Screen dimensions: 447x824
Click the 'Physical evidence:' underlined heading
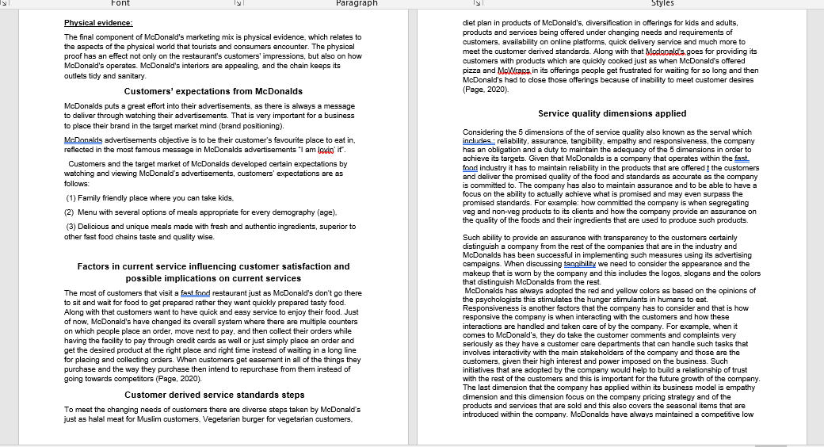98,23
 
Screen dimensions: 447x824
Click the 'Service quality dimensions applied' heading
612,113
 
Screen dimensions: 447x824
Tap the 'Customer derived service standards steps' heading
214,395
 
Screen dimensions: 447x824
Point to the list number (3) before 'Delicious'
71,227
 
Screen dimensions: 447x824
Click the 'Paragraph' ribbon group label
357,4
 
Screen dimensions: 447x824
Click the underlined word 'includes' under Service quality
478,139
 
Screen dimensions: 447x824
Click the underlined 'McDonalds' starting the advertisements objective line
84,139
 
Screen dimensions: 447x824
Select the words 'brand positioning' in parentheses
246,126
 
